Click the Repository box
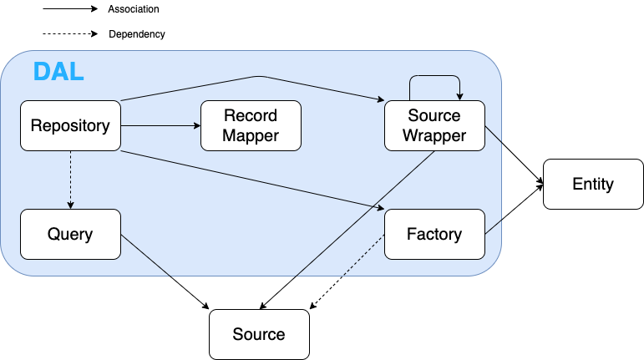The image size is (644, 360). tap(70, 126)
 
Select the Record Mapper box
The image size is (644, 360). tap(251, 126)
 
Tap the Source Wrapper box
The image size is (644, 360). tap(434, 126)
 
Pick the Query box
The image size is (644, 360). tap(70, 234)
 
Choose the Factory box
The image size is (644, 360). tap(434, 234)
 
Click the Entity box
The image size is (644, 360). tap(593, 184)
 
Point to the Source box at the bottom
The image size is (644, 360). tap(259, 334)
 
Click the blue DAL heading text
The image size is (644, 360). tap(58, 72)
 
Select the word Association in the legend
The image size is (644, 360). tap(134, 9)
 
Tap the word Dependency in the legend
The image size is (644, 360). tap(137, 34)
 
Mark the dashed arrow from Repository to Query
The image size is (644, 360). tap(70, 180)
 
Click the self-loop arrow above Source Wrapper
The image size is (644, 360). tap(434, 77)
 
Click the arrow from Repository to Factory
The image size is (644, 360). tap(251, 179)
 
